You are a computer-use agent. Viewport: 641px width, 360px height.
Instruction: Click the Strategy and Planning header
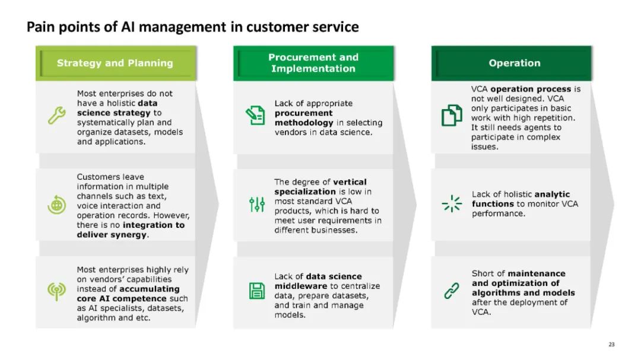click(115, 63)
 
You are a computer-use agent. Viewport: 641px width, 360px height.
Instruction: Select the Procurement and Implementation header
click(313, 63)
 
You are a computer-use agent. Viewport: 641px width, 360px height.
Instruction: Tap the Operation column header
click(514, 63)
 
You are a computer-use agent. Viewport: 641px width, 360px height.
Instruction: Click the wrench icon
click(56, 115)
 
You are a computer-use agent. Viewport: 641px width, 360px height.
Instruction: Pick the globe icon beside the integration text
click(56, 205)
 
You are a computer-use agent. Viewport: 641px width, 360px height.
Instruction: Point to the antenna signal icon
click(56, 291)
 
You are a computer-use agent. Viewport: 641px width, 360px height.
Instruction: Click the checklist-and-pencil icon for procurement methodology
click(256, 115)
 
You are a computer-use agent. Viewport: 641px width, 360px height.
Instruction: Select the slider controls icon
click(256, 205)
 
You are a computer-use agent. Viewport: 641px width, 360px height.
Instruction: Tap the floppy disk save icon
click(256, 291)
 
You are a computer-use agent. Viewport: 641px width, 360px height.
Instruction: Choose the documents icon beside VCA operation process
click(452, 115)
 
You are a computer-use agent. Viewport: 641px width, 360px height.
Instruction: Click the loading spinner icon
click(452, 203)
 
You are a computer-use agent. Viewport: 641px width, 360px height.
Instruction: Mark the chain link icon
click(452, 291)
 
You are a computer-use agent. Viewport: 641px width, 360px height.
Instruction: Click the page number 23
click(612, 344)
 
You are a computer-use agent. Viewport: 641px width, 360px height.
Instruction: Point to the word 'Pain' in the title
click(39, 27)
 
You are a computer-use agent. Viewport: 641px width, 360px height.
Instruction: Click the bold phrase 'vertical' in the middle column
click(350, 182)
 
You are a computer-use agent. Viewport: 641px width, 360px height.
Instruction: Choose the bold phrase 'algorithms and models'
click(523, 292)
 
